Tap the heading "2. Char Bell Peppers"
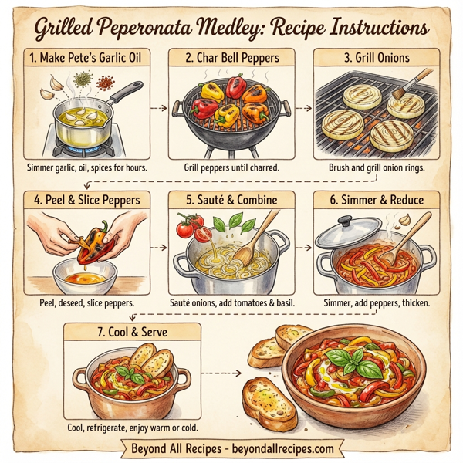click(x=231, y=56)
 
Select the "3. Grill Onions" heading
click(x=377, y=56)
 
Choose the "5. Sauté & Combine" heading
click(x=231, y=199)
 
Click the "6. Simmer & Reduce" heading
click(x=377, y=199)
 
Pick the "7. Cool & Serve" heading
click(x=133, y=333)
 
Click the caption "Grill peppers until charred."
click(x=231, y=167)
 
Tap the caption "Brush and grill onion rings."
click(x=377, y=167)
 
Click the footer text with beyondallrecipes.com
click(x=231, y=448)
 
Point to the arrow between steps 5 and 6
click(x=302, y=248)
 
